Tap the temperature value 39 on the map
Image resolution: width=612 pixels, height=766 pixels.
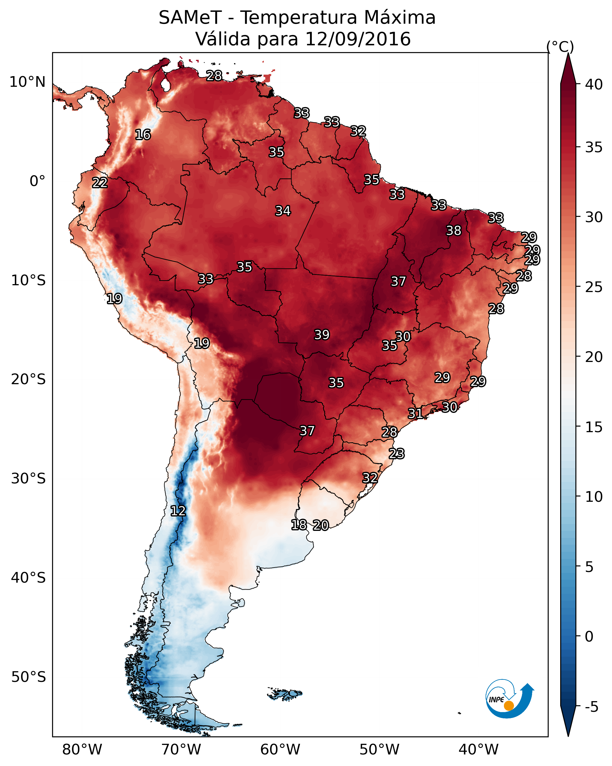pyautogui.click(x=322, y=335)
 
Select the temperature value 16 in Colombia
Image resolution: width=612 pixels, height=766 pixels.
pyautogui.click(x=143, y=135)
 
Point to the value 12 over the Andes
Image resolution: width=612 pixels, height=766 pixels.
pyautogui.click(x=178, y=511)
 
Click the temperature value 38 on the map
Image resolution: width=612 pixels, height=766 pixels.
pyautogui.click(x=454, y=230)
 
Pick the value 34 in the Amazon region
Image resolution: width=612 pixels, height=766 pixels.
pyautogui.click(x=283, y=211)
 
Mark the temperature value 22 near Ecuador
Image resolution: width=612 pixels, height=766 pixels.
pyautogui.click(x=100, y=183)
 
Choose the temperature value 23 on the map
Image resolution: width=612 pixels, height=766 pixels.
pyautogui.click(x=396, y=454)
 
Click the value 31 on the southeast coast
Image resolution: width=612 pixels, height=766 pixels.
pyautogui.click(x=415, y=413)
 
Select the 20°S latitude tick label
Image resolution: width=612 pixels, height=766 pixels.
pyautogui.click(x=28, y=379)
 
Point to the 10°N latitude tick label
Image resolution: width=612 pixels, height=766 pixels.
pyautogui.click(x=27, y=82)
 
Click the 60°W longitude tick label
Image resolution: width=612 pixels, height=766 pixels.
pyautogui.click(x=280, y=749)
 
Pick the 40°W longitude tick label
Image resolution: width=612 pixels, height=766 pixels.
pyautogui.click(x=478, y=749)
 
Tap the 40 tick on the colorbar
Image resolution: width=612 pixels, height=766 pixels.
pyautogui.click(x=594, y=84)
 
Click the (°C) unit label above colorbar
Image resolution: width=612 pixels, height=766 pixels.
pyautogui.click(x=560, y=47)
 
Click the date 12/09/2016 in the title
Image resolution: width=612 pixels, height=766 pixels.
pyautogui.click(x=358, y=39)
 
